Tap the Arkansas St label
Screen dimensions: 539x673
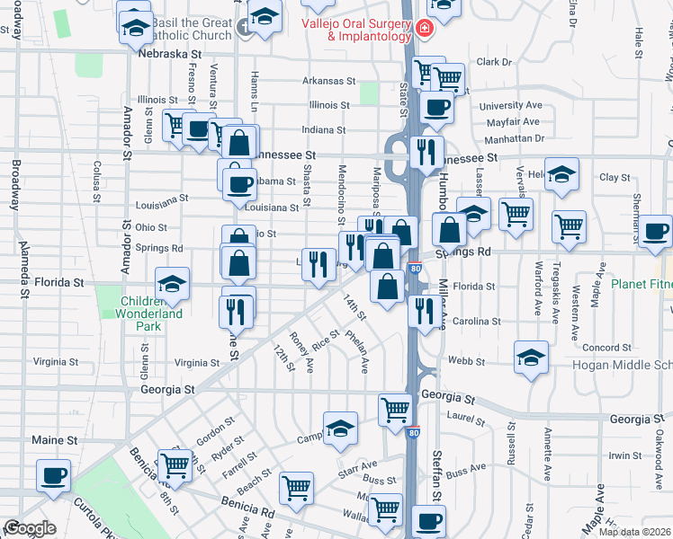(x=329, y=81)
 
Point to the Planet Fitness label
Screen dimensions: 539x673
(x=642, y=284)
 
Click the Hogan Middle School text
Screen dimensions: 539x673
(x=623, y=366)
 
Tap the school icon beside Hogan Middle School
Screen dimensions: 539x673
(x=531, y=357)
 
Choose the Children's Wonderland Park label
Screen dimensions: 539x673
(x=149, y=307)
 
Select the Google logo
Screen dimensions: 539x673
(x=30, y=528)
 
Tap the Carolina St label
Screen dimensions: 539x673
(x=476, y=321)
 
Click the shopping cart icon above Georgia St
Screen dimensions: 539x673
(x=395, y=408)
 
